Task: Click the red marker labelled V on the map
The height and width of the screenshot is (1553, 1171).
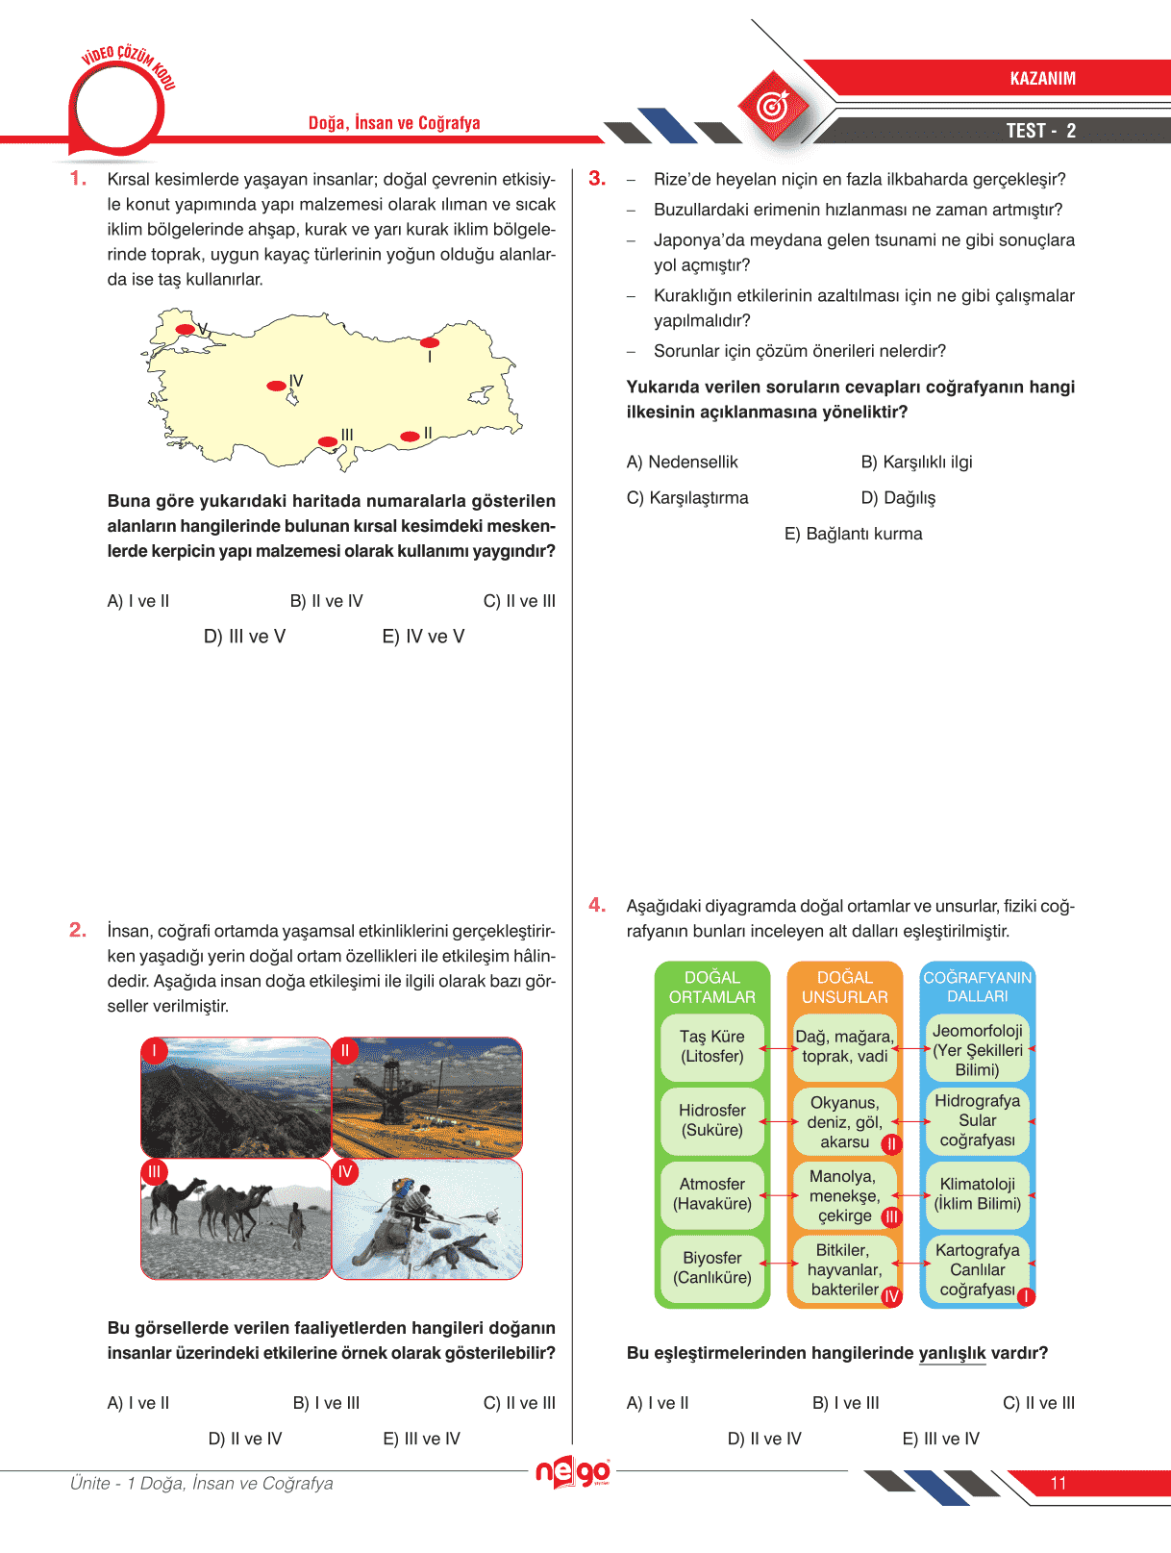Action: [186, 330]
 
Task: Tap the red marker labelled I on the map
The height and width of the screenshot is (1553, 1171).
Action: [430, 342]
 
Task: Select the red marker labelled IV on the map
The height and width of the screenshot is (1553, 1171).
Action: [276, 386]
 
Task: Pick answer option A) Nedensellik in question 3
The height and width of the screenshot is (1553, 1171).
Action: [682, 463]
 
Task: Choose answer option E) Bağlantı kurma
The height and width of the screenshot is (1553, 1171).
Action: [853, 534]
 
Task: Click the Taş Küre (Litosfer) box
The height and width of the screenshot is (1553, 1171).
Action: [712, 1047]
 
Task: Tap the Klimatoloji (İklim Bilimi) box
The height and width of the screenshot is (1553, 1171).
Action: [977, 1194]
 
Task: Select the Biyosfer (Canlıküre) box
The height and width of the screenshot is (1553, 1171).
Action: [712, 1268]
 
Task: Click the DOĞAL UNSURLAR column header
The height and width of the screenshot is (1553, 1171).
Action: [844, 988]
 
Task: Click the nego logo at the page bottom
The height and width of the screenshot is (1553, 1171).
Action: [573, 1472]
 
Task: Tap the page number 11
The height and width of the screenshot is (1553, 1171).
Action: [1059, 1483]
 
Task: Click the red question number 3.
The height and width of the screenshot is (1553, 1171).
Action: [597, 179]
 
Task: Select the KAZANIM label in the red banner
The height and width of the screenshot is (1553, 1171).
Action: [1042, 79]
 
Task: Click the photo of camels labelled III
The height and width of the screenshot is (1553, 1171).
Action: [236, 1219]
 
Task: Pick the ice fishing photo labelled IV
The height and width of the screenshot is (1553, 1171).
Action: [427, 1219]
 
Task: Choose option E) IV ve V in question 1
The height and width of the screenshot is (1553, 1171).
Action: [423, 637]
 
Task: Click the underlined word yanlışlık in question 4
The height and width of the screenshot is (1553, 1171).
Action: [952, 1353]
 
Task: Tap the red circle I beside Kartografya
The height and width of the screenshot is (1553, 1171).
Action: [1026, 1296]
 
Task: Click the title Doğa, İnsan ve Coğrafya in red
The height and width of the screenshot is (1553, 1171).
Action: [394, 123]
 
